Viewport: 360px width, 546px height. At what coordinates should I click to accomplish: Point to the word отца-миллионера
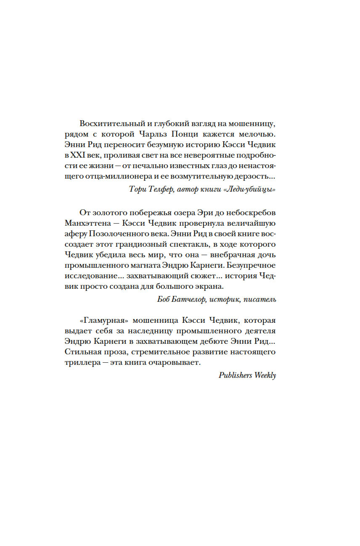(113, 176)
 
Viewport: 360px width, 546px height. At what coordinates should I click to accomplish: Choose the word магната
(143, 264)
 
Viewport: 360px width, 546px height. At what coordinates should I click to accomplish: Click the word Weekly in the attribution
(265, 376)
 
